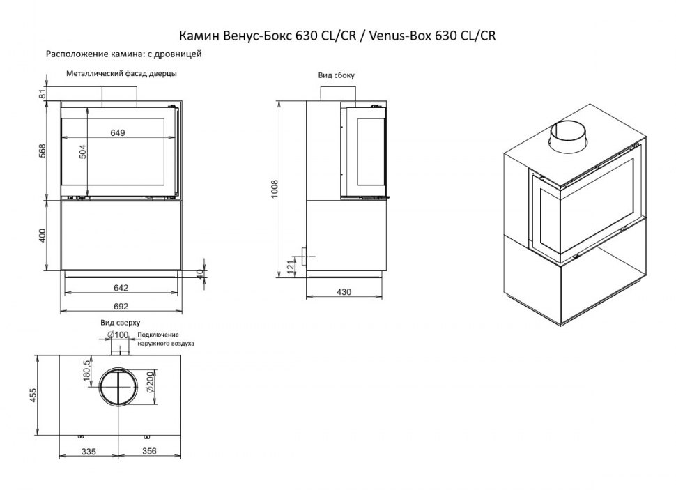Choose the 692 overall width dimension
[123, 305]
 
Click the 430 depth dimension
[343, 291]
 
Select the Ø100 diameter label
[119, 336]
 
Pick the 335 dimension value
[89, 452]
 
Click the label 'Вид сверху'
[121, 323]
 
